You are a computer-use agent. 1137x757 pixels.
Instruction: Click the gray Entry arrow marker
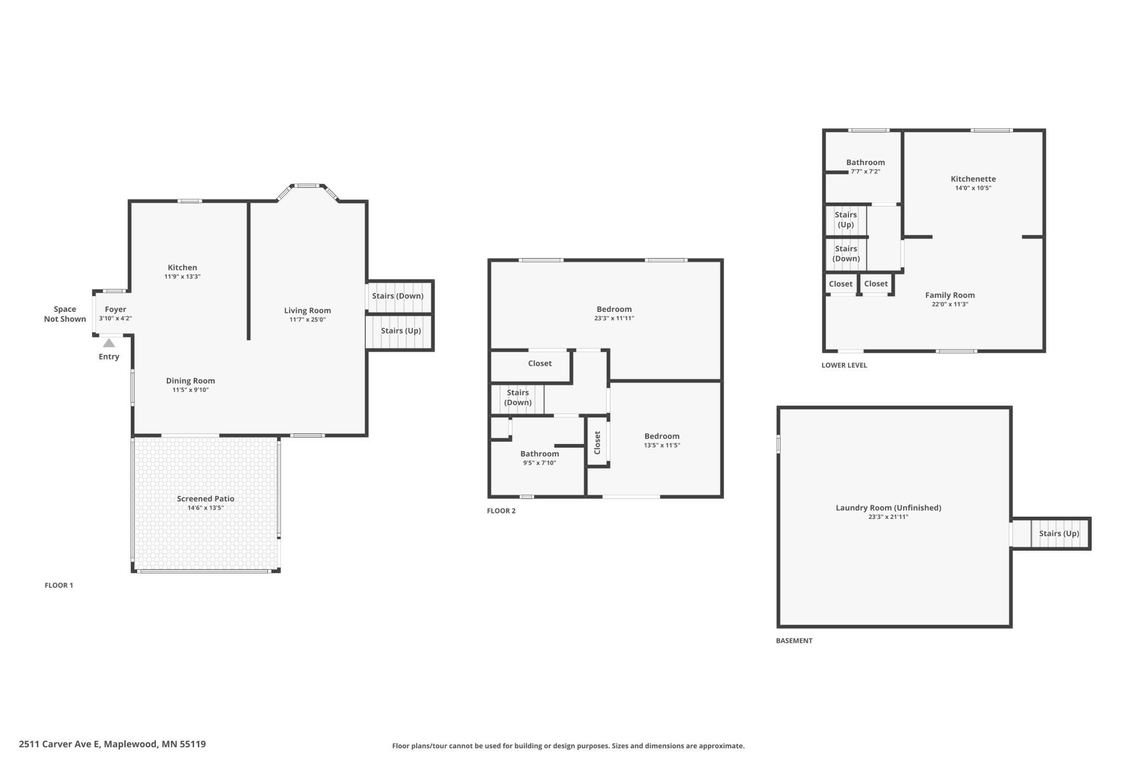109,343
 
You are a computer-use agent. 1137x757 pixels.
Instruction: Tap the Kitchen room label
183,268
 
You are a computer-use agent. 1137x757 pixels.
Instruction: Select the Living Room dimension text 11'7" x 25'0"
308,320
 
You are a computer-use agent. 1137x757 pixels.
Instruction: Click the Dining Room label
191,381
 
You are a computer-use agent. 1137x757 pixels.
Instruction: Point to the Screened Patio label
206,499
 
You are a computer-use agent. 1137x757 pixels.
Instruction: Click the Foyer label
115,309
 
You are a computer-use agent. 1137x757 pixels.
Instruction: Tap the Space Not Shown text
65,314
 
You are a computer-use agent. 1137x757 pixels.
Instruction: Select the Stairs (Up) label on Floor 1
401,331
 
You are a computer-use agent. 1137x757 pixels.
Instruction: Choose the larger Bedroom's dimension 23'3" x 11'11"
614,318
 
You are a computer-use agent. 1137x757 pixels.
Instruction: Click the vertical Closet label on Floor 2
597,442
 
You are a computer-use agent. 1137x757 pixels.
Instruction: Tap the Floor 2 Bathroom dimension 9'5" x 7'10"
540,463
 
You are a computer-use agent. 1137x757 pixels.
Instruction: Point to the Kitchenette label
973,179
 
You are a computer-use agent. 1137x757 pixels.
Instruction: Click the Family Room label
950,295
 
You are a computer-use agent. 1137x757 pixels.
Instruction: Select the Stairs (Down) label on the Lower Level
846,254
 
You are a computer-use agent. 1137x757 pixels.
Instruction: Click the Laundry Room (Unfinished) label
888,508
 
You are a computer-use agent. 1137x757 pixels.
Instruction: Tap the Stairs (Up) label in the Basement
1059,534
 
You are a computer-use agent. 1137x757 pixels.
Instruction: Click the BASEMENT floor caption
794,641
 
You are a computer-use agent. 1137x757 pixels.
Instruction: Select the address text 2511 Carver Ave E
60,744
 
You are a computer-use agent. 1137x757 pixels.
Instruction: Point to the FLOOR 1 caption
59,586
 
